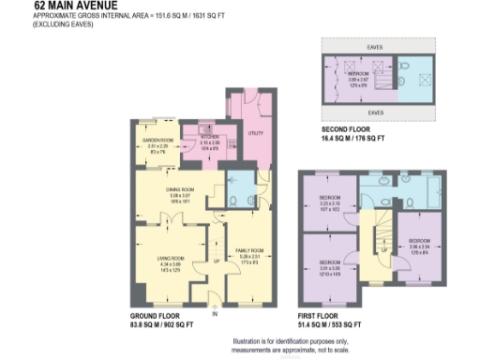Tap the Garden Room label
point(155,141)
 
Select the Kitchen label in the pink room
point(209,136)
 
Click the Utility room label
point(253,133)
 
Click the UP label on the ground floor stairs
point(217,260)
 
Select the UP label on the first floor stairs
point(383,251)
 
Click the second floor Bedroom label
point(357,72)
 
